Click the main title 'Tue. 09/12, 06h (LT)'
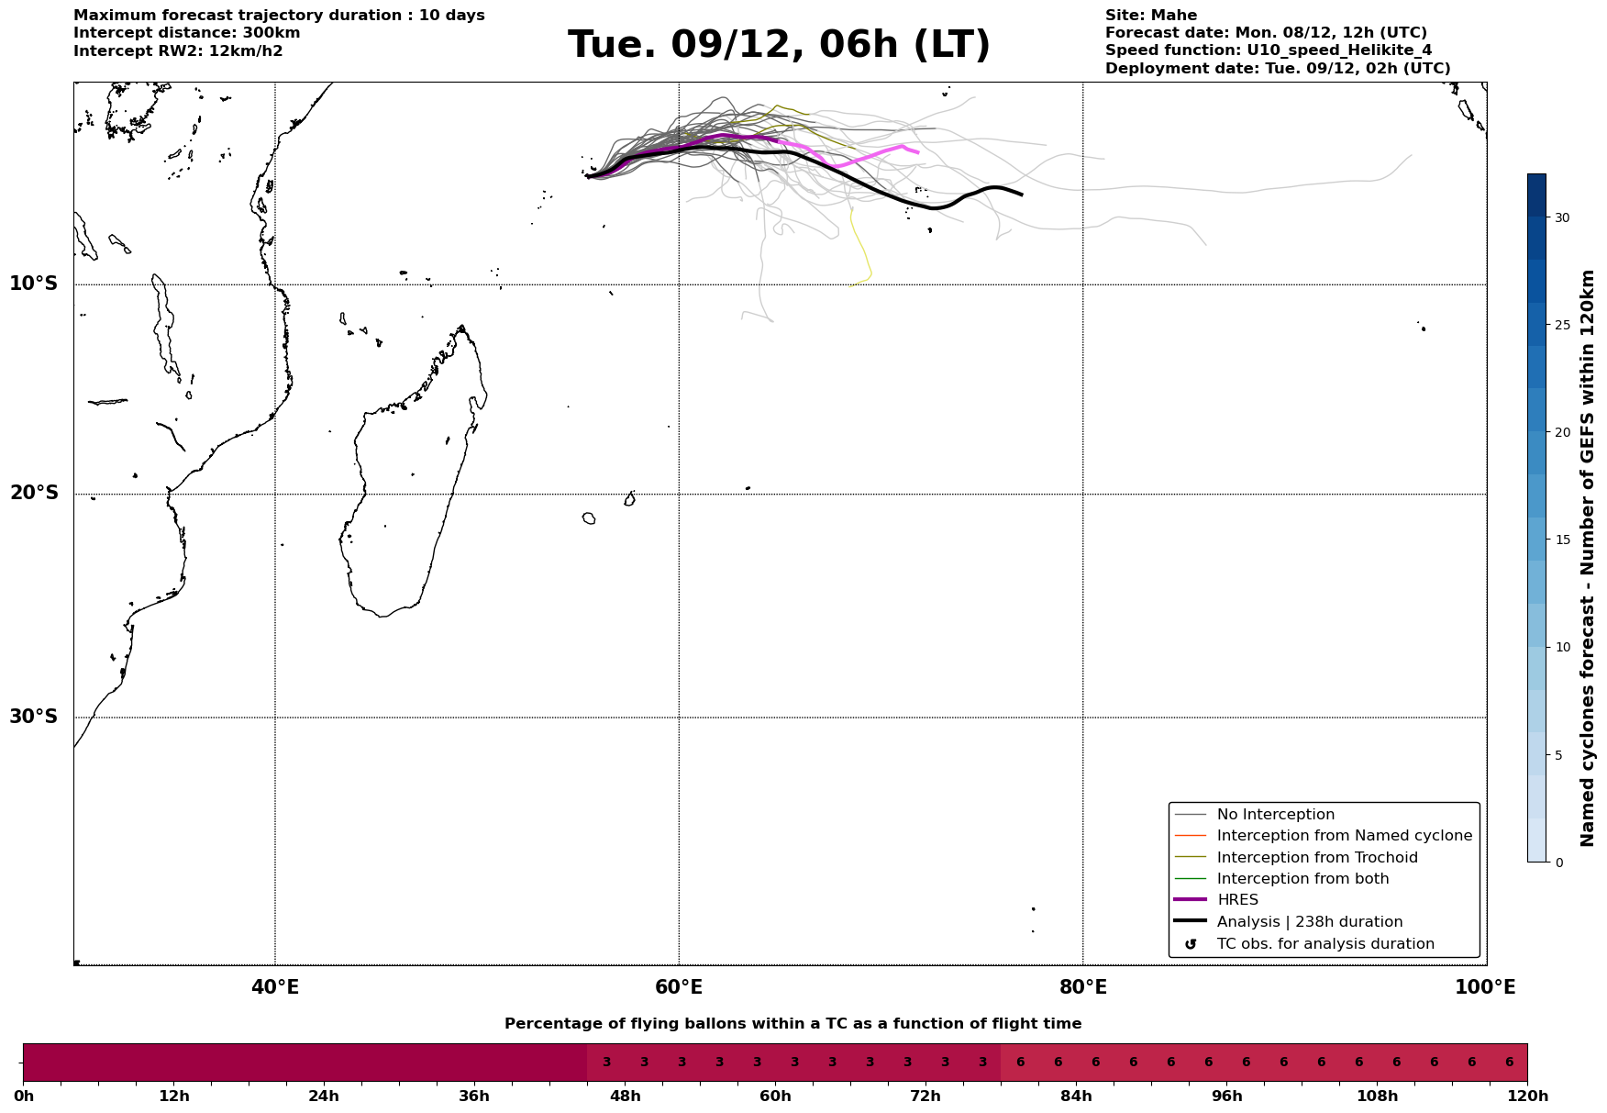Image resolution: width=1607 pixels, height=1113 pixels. (779, 45)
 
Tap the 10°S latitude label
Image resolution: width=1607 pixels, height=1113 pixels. (34, 284)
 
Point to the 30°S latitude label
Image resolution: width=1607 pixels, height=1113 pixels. (34, 717)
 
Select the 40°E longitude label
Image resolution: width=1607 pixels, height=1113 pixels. (275, 987)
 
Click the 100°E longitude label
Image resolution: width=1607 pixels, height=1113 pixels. (1485, 987)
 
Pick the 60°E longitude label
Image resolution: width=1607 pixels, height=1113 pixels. (679, 987)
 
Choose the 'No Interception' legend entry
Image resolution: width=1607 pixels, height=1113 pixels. (1275, 815)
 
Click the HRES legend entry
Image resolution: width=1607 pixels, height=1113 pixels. (1237, 900)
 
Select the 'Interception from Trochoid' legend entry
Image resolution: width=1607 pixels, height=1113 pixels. (1316, 858)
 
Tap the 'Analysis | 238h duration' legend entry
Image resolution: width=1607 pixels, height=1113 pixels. (1309, 922)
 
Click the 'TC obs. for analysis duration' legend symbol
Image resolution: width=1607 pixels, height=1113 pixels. (1191, 944)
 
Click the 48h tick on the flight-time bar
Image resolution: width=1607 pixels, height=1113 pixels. (626, 1096)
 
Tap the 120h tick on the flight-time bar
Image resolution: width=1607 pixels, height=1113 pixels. (1527, 1096)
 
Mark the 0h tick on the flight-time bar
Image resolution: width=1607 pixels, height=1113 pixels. (24, 1096)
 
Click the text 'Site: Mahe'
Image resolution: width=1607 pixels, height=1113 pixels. (1151, 16)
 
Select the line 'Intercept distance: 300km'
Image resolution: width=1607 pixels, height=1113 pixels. (187, 33)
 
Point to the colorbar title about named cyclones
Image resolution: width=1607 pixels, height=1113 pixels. (1588, 558)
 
